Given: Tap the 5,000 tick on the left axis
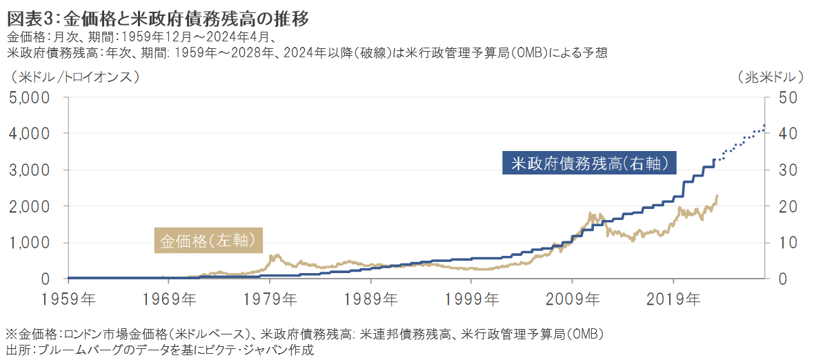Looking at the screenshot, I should tap(30, 97).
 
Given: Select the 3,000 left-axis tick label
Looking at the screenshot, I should tap(30, 170).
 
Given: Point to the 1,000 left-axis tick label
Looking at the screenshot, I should tap(30, 243).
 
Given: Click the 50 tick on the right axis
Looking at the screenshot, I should tap(788, 97).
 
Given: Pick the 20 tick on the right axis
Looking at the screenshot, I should tap(788, 206).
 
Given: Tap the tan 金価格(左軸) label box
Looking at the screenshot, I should tap(208, 241).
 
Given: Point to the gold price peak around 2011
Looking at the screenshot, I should tap(593, 214).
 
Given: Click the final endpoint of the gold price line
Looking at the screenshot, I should tap(717, 195).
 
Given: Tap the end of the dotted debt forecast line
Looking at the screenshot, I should tap(764, 126).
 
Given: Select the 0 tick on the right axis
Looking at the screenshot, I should tap(783, 279).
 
